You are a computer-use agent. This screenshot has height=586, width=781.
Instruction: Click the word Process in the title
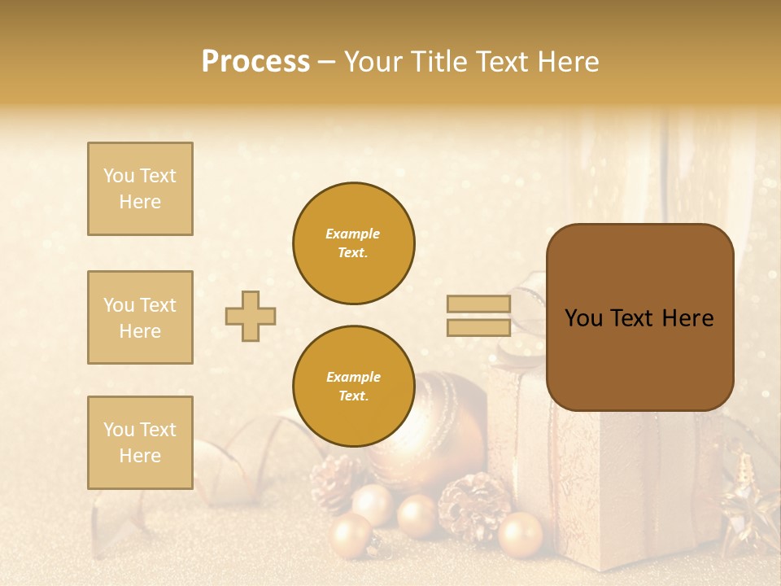[x=255, y=62]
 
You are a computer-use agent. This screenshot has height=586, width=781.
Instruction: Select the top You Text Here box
[x=140, y=189]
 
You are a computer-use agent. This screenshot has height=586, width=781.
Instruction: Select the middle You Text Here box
[x=140, y=317]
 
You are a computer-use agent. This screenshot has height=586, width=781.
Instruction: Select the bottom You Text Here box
[x=140, y=442]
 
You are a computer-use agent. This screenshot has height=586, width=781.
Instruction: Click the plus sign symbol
[x=251, y=316]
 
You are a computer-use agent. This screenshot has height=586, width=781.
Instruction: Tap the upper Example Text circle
[x=353, y=243]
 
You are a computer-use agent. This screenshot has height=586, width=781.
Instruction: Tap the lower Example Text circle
[x=353, y=387]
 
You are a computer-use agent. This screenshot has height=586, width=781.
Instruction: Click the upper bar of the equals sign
[x=478, y=304]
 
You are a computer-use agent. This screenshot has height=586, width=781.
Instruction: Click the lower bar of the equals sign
[x=478, y=327]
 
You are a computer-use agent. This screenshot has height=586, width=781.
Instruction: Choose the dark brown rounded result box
[x=639, y=317]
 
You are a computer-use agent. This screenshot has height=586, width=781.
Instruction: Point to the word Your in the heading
[x=373, y=62]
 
